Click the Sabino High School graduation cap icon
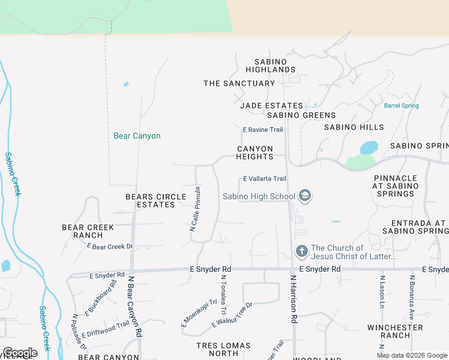coord(305,196)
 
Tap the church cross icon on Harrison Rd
coord(301,250)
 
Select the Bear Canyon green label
coord(137,136)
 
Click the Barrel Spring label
coord(401,106)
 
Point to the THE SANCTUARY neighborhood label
coord(239,83)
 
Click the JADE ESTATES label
coord(271,106)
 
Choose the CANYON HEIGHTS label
coord(255,152)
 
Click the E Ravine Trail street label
coord(262,130)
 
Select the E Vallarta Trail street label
coord(264,179)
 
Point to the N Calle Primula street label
coord(194,209)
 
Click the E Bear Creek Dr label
coord(109,247)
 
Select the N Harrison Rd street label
coord(294,300)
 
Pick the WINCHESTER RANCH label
coord(395,331)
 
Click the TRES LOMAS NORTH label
coord(217,349)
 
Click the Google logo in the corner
coord(20,353)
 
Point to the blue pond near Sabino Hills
coord(369,148)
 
